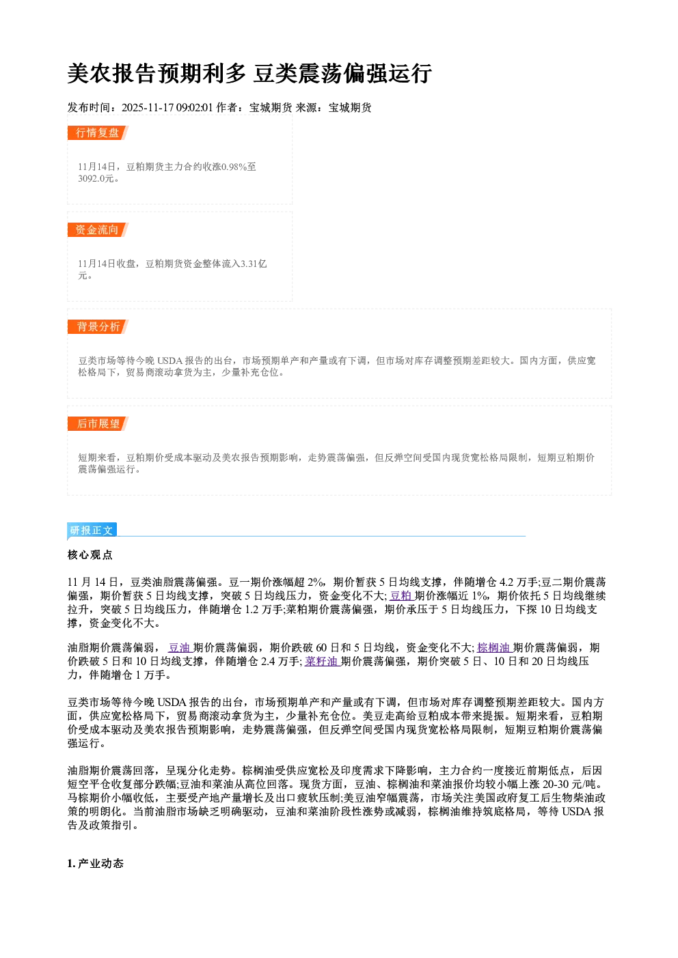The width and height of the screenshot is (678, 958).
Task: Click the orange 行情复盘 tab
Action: click(98, 132)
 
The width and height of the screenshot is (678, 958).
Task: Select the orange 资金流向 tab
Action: click(98, 229)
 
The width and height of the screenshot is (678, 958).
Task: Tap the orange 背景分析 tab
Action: click(98, 327)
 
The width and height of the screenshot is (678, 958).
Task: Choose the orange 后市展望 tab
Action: click(98, 424)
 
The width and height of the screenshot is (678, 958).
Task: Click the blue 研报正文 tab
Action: click(92, 531)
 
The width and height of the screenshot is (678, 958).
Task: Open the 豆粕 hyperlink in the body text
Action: click(401, 595)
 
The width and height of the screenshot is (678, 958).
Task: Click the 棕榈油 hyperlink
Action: click(494, 648)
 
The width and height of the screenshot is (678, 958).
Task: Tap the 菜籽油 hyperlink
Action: click(322, 662)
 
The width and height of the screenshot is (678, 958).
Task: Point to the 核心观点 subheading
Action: click(90, 555)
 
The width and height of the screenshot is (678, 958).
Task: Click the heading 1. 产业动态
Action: click(96, 864)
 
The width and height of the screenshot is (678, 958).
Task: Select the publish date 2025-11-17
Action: click(148, 108)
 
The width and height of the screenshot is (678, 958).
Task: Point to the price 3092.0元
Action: click(96, 178)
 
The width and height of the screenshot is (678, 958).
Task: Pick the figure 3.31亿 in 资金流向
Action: click(254, 264)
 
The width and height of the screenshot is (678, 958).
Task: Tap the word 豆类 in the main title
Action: click(275, 74)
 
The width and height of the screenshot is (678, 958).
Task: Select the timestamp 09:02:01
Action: click(194, 108)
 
